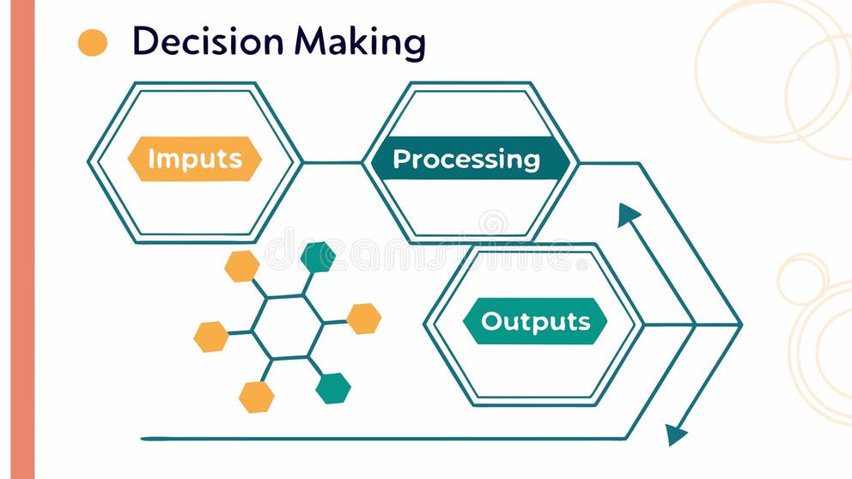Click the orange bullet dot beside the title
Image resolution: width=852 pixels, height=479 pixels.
pyautogui.click(x=93, y=42)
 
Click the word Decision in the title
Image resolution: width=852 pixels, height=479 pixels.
pyautogui.click(x=208, y=41)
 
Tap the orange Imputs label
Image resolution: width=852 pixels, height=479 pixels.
pyautogui.click(x=194, y=159)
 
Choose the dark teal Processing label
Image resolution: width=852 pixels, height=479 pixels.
pyautogui.click(x=466, y=159)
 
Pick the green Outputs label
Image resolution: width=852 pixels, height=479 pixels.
pyautogui.click(x=535, y=321)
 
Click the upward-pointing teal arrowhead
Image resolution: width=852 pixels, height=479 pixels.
pyautogui.click(x=628, y=215)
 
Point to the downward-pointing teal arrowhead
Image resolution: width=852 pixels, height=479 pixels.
pyautogui.click(x=678, y=434)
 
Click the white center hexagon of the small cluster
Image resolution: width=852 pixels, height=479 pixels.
pyautogui.click(x=288, y=327)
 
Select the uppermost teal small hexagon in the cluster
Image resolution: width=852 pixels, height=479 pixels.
pyautogui.click(x=318, y=257)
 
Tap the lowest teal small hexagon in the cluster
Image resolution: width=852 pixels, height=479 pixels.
pyautogui.click(x=333, y=388)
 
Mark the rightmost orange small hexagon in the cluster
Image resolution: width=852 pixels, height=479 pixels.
pyautogui.click(x=363, y=318)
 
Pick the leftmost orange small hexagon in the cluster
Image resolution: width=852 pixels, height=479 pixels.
pyautogui.click(x=211, y=337)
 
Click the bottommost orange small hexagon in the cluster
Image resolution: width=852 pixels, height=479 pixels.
pyautogui.click(x=256, y=397)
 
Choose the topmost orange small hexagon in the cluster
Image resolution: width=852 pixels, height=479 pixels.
pyautogui.click(x=242, y=266)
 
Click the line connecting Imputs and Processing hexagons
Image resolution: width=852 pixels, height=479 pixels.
pyautogui.click(x=332, y=162)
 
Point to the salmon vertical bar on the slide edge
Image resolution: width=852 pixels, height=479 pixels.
pyautogui.click(x=21, y=240)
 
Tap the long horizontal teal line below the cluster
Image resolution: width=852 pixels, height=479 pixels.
pyautogui.click(x=386, y=439)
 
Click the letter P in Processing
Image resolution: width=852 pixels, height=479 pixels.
pyautogui.click(x=400, y=160)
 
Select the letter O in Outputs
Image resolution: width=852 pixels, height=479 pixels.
pyautogui.click(x=491, y=321)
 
